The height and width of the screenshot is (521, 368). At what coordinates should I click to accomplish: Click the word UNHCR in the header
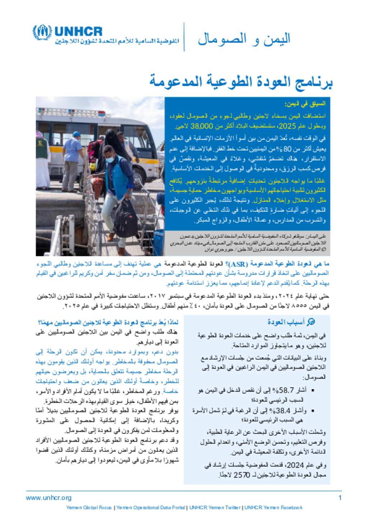click(x=78, y=32)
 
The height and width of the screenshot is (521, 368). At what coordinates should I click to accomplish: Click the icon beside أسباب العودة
click(x=312, y=322)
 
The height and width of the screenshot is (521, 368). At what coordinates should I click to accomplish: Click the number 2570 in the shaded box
click(x=242, y=475)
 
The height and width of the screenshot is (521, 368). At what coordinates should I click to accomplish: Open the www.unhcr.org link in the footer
click(x=49, y=498)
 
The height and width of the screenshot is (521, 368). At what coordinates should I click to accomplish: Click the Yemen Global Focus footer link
click(x=89, y=508)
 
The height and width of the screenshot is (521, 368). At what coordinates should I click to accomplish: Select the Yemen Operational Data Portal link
click(x=151, y=508)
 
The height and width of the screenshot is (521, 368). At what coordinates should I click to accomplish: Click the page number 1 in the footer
click(x=340, y=498)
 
